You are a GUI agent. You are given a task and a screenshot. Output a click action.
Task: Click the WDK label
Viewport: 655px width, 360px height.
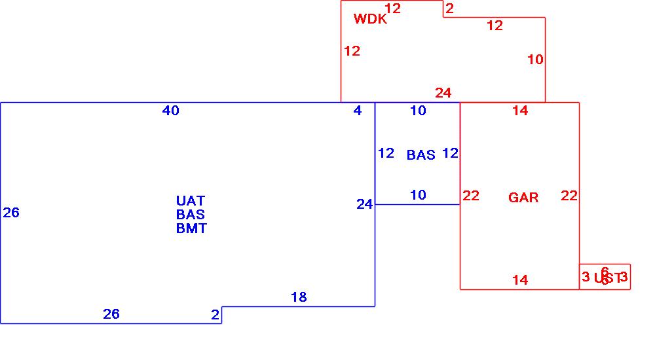pyautogui.click(x=370, y=19)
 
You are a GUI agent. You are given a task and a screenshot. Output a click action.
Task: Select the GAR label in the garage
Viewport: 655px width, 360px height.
pyautogui.click(x=523, y=198)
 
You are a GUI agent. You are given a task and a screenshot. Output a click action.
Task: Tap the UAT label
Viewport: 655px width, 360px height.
pyautogui.click(x=191, y=201)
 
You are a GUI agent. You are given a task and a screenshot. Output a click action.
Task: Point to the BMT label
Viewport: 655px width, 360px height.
pyautogui.click(x=191, y=228)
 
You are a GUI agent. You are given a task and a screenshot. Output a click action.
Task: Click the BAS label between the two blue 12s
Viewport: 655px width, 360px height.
pyautogui.click(x=421, y=155)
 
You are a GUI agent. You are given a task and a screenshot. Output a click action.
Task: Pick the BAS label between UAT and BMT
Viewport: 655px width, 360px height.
pyautogui.click(x=191, y=215)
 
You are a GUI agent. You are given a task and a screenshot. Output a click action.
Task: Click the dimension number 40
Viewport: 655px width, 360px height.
pyautogui.click(x=171, y=111)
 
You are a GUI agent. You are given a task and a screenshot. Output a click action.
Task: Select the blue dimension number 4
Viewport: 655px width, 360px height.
pyautogui.click(x=358, y=111)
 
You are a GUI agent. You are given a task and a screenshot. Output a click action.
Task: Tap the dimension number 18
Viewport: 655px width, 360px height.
pyautogui.click(x=299, y=297)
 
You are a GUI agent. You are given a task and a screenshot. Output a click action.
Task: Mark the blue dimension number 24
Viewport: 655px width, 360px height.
pyautogui.click(x=365, y=204)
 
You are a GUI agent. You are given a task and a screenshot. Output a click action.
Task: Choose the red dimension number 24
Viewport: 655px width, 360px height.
pyautogui.click(x=443, y=93)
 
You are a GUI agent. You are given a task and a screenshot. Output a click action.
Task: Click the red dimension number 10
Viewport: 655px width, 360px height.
pyautogui.click(x=535, y=60)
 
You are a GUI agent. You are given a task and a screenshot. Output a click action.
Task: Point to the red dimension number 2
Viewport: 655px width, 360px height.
pyautogui.click(x=449, y=9)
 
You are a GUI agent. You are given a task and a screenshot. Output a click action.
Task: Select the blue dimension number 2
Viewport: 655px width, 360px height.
pyautogui.click(x=215, y=315)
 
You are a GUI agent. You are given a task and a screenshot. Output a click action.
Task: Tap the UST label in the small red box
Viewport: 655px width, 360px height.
pyautogui.click(x=607, y=278)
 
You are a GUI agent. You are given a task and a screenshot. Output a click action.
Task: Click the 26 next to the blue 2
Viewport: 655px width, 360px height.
pyautogui.click(x=111, y=314)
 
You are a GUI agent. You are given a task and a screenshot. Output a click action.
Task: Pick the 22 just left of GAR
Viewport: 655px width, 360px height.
pyautogui.click(x=471, y=196)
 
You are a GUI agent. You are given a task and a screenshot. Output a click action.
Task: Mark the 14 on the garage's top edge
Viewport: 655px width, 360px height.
pyautogui.click(x=520, y=111)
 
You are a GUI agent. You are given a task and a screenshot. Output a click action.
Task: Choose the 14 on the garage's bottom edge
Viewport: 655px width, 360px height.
pyautogui.click(x=520, y=280)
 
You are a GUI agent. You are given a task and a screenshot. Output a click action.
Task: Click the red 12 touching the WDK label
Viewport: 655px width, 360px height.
pyautogui.click(x=393, y=9)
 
